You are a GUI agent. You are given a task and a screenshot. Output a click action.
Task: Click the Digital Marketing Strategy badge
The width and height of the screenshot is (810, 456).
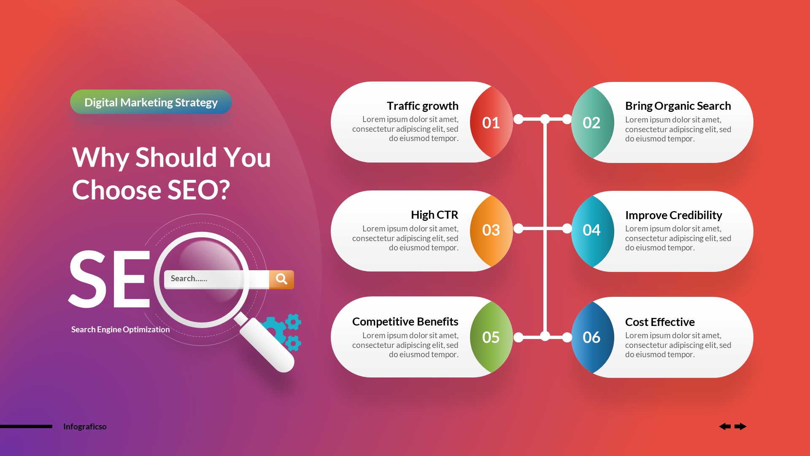click(151, 102)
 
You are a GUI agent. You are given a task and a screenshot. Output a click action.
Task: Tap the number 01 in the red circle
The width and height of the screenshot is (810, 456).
click(491, 123)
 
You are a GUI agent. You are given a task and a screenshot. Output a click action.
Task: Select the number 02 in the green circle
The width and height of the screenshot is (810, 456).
click(591, 123)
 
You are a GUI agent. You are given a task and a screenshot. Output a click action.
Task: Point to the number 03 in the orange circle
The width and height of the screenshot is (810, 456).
click(491, 230)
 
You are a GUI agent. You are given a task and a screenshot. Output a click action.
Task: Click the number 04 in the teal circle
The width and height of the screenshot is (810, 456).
click(591, 230)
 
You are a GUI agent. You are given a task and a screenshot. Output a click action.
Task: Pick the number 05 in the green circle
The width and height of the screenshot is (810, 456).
click(491, 337)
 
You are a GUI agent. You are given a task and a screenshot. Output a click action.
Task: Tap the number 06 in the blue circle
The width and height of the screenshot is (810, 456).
click(591, 337)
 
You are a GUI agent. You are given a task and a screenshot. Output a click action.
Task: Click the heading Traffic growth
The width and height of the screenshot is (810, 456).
click(422, 106)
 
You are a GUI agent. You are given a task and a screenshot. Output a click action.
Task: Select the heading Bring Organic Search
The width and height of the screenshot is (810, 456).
click(678, 106)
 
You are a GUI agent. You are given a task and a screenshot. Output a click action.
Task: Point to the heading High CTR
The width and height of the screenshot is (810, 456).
click(434, 215)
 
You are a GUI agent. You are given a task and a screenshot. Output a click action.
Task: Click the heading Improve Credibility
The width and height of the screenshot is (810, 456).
click(673, 215)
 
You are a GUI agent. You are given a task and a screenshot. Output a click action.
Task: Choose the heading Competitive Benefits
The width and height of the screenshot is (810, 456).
click(405, 322)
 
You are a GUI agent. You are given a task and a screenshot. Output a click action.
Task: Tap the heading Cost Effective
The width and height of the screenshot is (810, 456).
click(659, 322)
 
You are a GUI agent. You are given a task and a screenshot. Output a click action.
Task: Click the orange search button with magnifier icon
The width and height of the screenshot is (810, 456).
click(281, 279)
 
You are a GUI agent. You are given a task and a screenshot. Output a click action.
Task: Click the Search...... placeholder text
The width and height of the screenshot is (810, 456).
click(189, 279)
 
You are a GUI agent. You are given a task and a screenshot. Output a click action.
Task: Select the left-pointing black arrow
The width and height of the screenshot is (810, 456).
click(725, 426)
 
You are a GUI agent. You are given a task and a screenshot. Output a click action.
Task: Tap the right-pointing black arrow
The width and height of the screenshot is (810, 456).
click(740, 426)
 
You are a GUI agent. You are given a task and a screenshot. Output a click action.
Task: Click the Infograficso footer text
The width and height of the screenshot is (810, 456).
click(85, 426)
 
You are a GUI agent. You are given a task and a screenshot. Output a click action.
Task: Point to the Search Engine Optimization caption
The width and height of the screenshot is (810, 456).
click(120, 329)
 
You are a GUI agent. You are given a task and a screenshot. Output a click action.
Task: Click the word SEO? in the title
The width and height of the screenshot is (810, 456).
click(198, 190)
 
